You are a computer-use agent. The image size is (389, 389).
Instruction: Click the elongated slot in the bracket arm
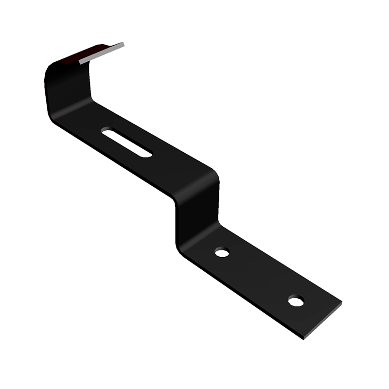click(x=126, y=141)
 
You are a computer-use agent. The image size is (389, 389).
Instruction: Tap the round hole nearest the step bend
click(x=222, y=252)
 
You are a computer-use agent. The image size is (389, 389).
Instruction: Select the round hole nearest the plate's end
click(x=296, y=301)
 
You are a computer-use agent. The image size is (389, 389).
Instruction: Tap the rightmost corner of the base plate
click(x=341, y=303)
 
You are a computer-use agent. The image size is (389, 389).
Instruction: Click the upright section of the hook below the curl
click(x=68, y=92)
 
